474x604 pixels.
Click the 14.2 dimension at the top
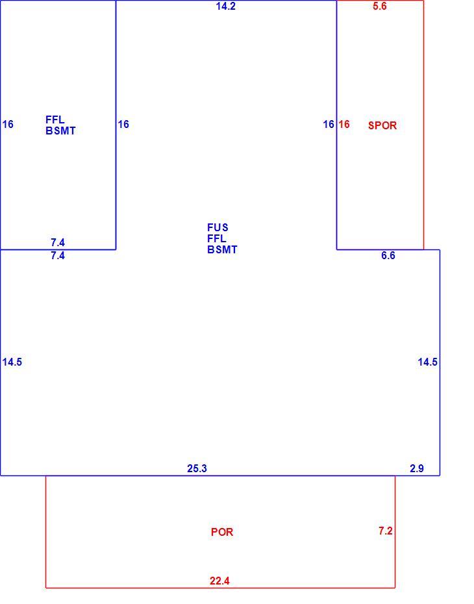click(226, 6)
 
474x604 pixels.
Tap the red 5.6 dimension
click(379, 6)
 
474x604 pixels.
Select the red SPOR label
click(382, 125)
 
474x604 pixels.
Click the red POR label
click(222, 532)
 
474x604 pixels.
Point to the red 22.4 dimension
click(219, 581)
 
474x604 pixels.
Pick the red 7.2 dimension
click(386, 531)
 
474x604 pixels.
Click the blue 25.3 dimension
click(197, 468)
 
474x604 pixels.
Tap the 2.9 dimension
click(417, 468)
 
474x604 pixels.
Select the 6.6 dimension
click(388, 255)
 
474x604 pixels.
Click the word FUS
click(218, 228)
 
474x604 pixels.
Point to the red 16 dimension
click(344, 124)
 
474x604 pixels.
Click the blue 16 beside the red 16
click(329, 124)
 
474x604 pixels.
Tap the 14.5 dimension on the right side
click(428, 362)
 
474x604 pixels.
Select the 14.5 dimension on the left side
click(12, 362)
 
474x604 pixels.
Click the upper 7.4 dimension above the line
click(58, 242)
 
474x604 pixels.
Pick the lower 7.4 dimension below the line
click(58, 255)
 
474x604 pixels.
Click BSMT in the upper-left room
click(60, 131)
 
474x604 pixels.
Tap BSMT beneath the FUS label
click(222, 249)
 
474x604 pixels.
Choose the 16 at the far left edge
click(8, 124)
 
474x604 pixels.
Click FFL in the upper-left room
click(55, 120)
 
